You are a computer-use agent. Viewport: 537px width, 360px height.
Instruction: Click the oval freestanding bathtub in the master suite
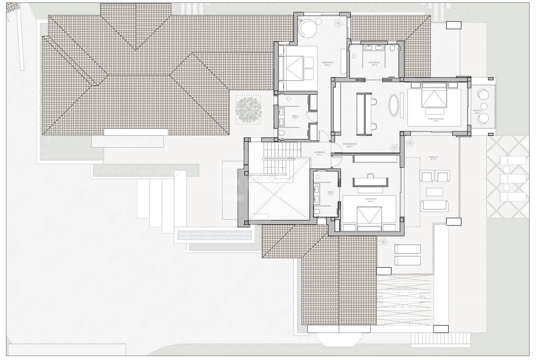(394, 105)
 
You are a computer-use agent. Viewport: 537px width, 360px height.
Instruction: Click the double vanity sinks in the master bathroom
(374, 48)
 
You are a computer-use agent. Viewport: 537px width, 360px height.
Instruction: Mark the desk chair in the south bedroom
(371, 175)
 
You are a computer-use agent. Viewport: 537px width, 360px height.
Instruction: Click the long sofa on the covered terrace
(434, 206)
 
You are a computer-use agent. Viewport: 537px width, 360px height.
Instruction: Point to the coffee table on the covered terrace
(434, 192)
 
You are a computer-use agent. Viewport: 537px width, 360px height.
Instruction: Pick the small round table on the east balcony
(484, 106)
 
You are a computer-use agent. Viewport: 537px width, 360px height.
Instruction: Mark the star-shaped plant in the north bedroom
(339, 23)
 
